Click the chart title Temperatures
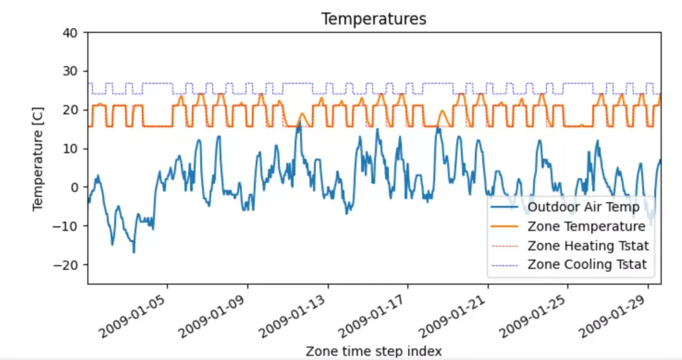pyautogui.click(x=374, y=19)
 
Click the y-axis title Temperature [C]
pyautogui.click(x=39, y=159)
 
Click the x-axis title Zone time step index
pyautogui.click(x=373, y=351)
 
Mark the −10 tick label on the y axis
pyautogui.click(x=69, y=226)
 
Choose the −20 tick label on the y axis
pyautogui.click(x=69, y=265)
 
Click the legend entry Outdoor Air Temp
pyautogui.click(x=583, y=207)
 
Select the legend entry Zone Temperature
pyautogui.click(x=586, y=226)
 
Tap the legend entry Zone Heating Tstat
pyautogui.click(x=588, y=245)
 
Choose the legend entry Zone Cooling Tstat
pyautogui.click(x=587, y=265)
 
